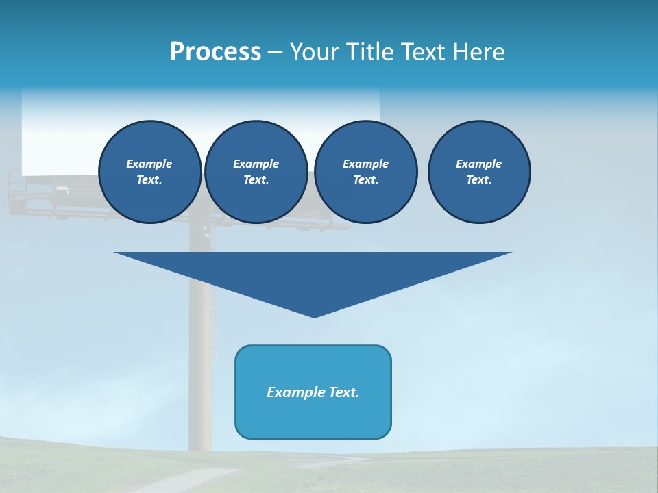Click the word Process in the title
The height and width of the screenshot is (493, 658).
[x=215, y=51]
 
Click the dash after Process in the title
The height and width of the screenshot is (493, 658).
[x=275, y=53]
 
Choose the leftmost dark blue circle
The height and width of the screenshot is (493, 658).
[x=150, y=172]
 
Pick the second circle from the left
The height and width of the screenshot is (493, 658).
[x=256, y=172]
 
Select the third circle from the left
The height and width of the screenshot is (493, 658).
[x=365, y=172]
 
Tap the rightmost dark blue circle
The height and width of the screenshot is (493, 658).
[x=479, y=172]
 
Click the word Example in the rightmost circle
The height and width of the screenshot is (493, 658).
[x=479, y=164]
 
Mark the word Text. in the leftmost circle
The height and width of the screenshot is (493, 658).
[x=149, y=179]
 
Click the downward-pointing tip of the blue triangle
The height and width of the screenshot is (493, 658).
[x=314, y=315]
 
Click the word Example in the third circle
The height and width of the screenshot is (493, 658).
[x=365, y=164]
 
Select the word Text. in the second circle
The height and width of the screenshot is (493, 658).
[x=256, y=179]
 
